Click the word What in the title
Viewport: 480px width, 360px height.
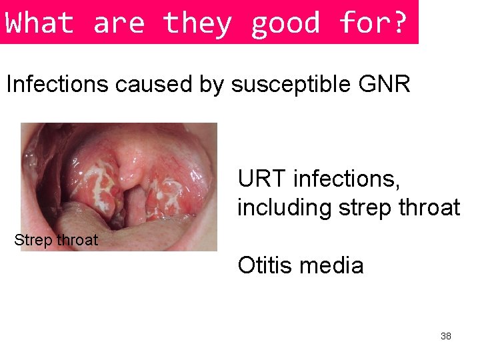(x=39, y=23)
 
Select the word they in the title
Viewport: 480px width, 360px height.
(x=197, y=23)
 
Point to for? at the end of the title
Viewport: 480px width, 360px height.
(x=373, y=23)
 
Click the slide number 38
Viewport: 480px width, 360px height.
(x=446, y=336)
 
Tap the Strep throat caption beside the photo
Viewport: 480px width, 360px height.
(x=56, y=240)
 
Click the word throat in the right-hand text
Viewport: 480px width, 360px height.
(x=426, y=207)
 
